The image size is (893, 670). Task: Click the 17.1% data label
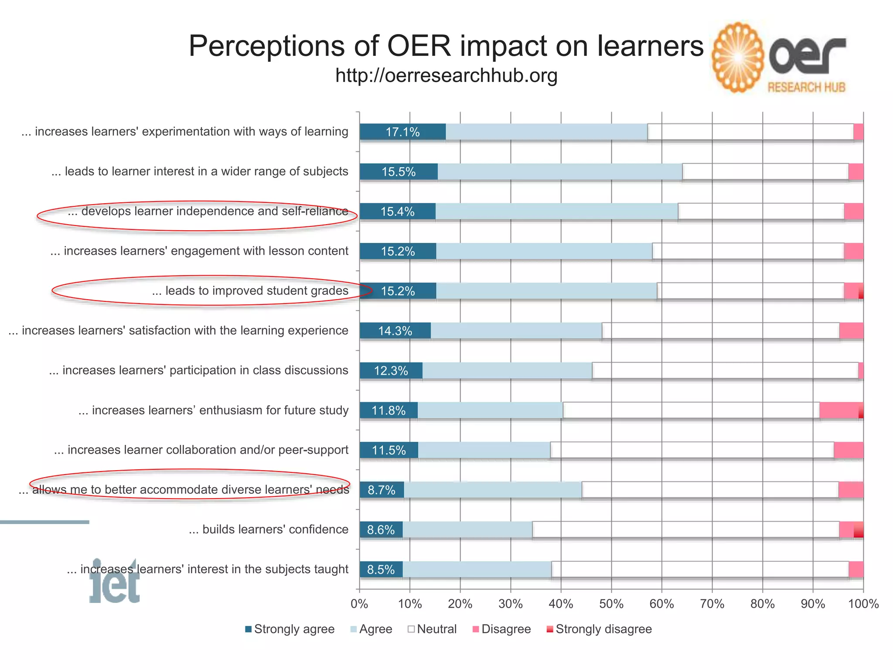tap(402, 132)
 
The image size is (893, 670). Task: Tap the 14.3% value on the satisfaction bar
tap(395, 331)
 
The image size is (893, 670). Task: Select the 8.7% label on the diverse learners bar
tap(382, 490)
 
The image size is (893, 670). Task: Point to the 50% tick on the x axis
tap(611, 604)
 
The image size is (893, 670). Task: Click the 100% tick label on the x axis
tap(863, 604)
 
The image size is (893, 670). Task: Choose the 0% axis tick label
tap(359, 604)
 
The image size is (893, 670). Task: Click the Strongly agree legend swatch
tap(249, 629)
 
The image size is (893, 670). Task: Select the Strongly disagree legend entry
tap(599, 629)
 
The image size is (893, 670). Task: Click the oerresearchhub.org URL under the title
tap(446, 75)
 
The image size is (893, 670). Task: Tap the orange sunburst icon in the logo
tap(738, 58)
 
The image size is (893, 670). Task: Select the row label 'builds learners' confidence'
tap(269, 530)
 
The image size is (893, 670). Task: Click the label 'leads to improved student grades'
tap(250, 291)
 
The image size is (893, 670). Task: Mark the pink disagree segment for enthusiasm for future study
tap(838, 410)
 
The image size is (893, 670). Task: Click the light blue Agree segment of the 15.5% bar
tap(560, 171)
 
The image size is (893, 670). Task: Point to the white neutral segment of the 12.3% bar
tap(725, 371)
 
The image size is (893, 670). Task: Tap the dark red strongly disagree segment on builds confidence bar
tap(859, 530)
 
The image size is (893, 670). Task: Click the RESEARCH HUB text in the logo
tap(806, 88)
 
